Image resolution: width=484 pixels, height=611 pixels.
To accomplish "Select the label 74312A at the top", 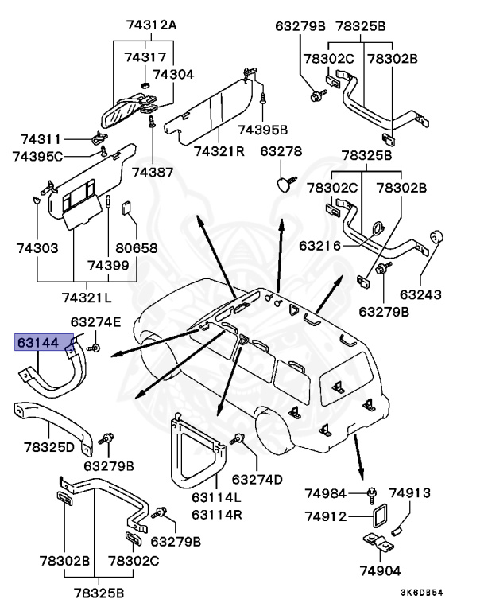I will click(151, 25).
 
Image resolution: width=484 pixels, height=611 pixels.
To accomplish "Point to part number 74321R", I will click(219, 150).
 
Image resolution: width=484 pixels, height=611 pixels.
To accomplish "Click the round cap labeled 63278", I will click(282, 184).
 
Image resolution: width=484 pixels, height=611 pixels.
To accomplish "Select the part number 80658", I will click(136, 248).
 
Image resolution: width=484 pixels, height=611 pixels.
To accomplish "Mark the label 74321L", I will click(87, 297).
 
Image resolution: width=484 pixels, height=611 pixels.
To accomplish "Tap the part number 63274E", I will click(96, 322).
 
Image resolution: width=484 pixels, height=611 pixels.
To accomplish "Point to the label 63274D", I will click(257, 479).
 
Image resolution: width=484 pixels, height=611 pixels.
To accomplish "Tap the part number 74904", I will click(381, 570).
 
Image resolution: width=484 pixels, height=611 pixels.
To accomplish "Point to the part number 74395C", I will click(37, 155).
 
